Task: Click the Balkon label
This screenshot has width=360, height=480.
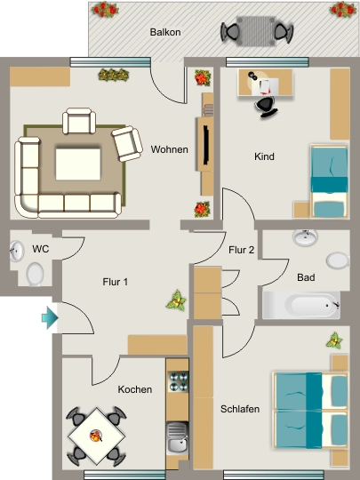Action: pyautogui.click(x=165, y=32)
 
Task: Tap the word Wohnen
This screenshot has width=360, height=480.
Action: pyautogui.click(x=169, y=149)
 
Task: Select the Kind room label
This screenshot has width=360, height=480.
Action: pyautogui.click(x=264, y=156)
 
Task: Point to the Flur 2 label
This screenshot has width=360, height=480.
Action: pyautogui.click(x=241, y=250)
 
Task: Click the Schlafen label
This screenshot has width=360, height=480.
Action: pyautogui.click(x=240, y=409)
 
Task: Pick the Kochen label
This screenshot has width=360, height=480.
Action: pyautogui.click(x=135, y=389)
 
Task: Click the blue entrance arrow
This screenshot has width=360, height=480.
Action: pyautogui.click(x=50, y=318)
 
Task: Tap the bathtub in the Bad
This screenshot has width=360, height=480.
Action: pyautogui.click(x=301, y=305)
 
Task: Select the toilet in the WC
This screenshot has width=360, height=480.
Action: pyautogui.click(x=35, y=274)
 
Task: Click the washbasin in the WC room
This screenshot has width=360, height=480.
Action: pyautogui.click(x=17, y=251)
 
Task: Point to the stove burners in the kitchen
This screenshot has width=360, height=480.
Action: pyautogui.click(x=179, y=381)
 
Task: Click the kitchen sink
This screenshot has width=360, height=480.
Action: pyautogui.click(x=178, y=437)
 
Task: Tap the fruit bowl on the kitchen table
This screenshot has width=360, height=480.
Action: pyautogui.click(x=96, y=436)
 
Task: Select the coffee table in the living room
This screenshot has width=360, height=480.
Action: pyautogui.click(x=78, y=164)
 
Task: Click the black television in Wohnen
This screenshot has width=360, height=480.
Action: pyautogui.click(x=206, y=145)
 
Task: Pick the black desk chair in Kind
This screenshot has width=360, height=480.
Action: pyautogui.click(x=266, y=107)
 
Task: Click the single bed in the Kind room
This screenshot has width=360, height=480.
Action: pyautogui.click(x=330, y=181)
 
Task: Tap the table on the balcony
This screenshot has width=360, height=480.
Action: pyautogui.click(x=256, y=31)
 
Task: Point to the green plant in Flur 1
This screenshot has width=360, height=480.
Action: pyautogui.click(x=177, y=301)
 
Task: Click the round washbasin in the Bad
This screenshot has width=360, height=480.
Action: pyautogui.click(x=305, y=238)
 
